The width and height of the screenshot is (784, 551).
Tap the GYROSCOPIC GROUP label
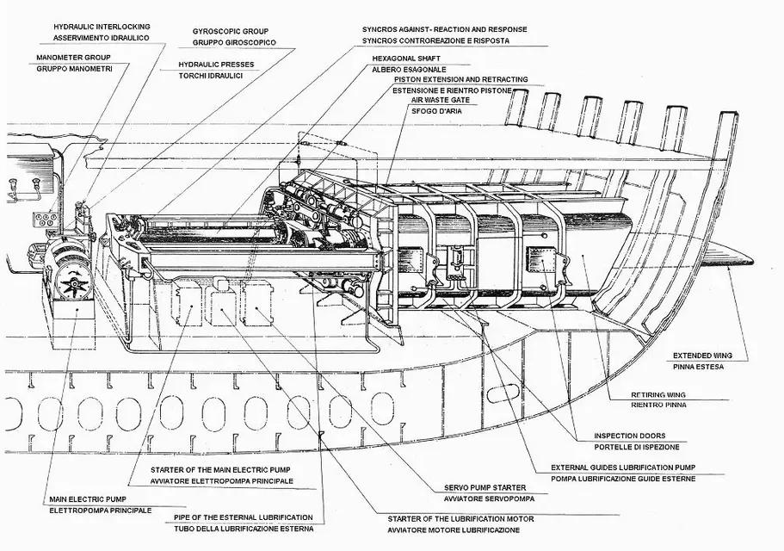click(x=231, y=30)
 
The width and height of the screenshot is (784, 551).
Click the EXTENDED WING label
click(x=701, y=355)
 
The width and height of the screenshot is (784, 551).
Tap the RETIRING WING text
click(x=638, y=395)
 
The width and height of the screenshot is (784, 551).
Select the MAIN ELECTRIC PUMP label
click(x=87, y=499)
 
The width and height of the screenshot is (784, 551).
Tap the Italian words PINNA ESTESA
click(x=694, y=367)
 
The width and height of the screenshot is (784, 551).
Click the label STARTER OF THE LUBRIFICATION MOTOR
click(x=460, y=519)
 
